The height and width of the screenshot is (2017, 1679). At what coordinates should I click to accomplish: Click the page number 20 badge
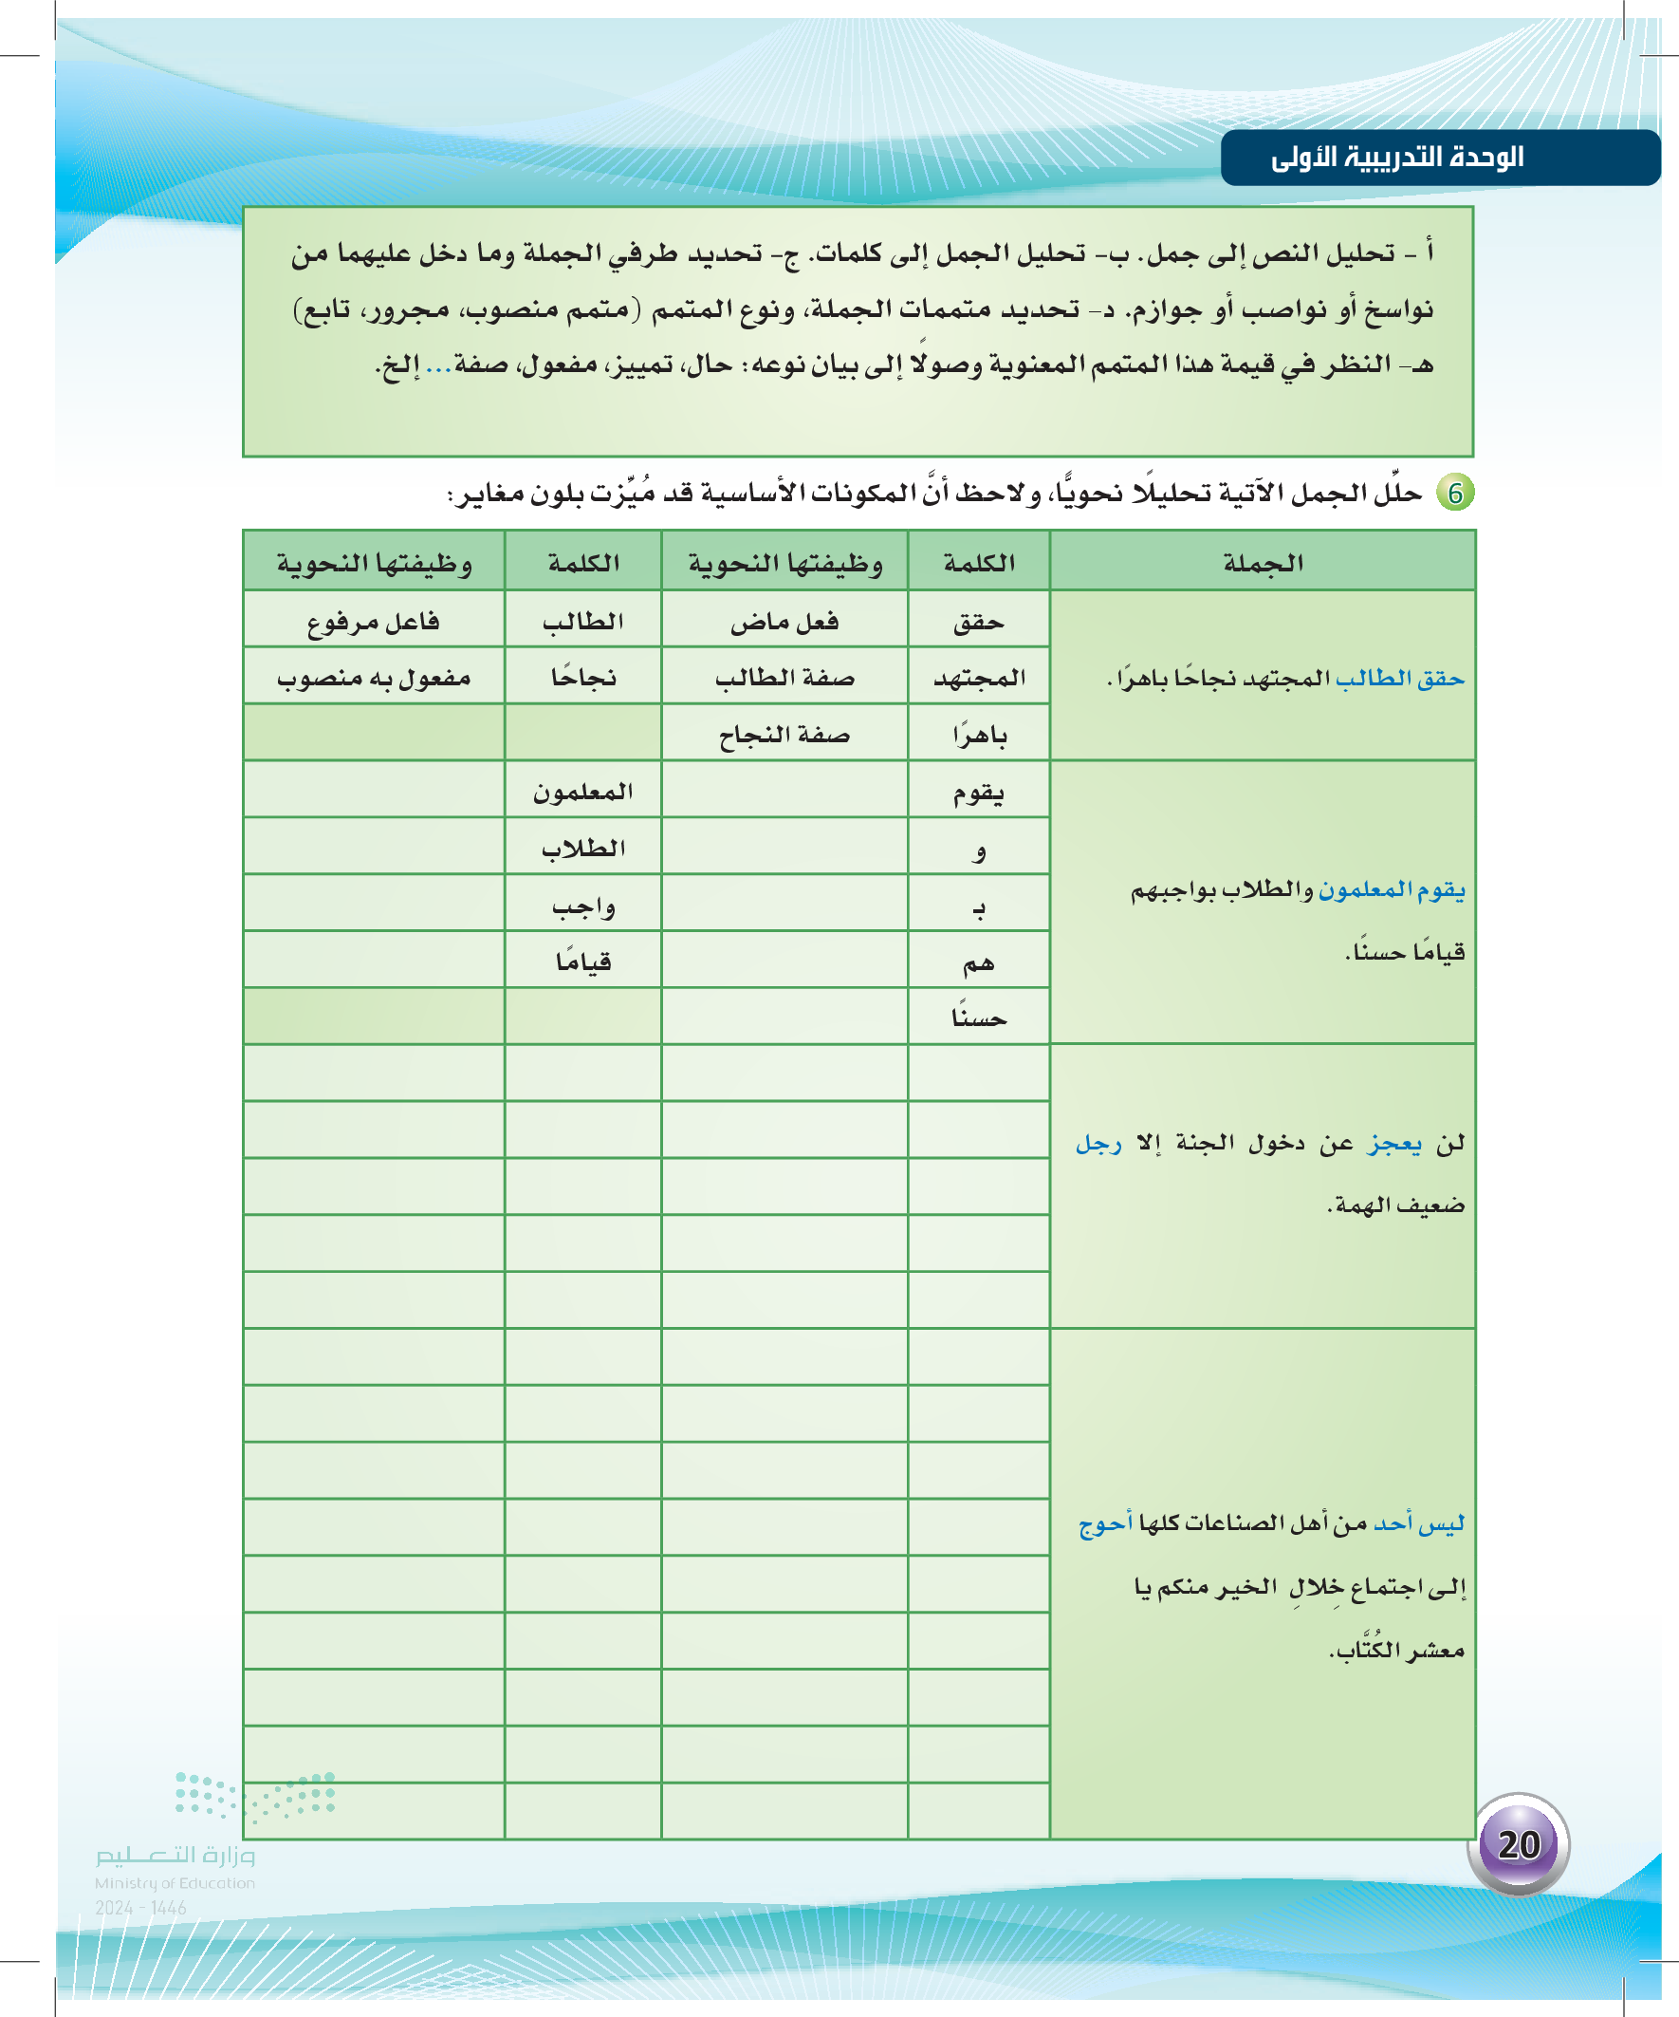[x=1518, y=1843]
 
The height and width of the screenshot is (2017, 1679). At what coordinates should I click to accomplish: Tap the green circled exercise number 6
[x=1455, y=493]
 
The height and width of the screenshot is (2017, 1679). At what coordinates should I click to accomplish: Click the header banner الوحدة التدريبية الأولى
[x=1397, y=158]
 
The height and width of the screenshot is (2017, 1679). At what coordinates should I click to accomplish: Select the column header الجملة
[x=1263, y=563]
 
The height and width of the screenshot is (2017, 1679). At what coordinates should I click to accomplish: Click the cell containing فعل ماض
[x=784, y=622]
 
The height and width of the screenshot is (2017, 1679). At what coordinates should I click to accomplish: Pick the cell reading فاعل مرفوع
[x=374, y=622]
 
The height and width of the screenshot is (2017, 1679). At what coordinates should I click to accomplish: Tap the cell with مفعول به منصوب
[x=374, y=678]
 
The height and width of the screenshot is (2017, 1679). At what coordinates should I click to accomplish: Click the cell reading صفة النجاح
[x=784, y=735]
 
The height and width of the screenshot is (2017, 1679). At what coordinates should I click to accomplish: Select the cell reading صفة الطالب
[x=784, y=678]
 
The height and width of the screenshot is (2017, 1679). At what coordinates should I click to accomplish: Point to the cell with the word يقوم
[x=978, y=793]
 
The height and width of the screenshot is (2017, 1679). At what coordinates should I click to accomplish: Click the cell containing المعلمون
[x=582, y=793]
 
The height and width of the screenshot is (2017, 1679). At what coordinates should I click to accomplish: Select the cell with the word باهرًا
[x=978, y=735]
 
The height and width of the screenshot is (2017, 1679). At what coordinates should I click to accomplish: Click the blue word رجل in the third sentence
[x=1098, y=1143]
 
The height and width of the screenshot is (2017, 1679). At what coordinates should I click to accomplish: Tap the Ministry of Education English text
[x=175, y=1883]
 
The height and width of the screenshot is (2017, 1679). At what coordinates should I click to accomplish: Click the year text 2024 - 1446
[x=140, y=1908]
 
